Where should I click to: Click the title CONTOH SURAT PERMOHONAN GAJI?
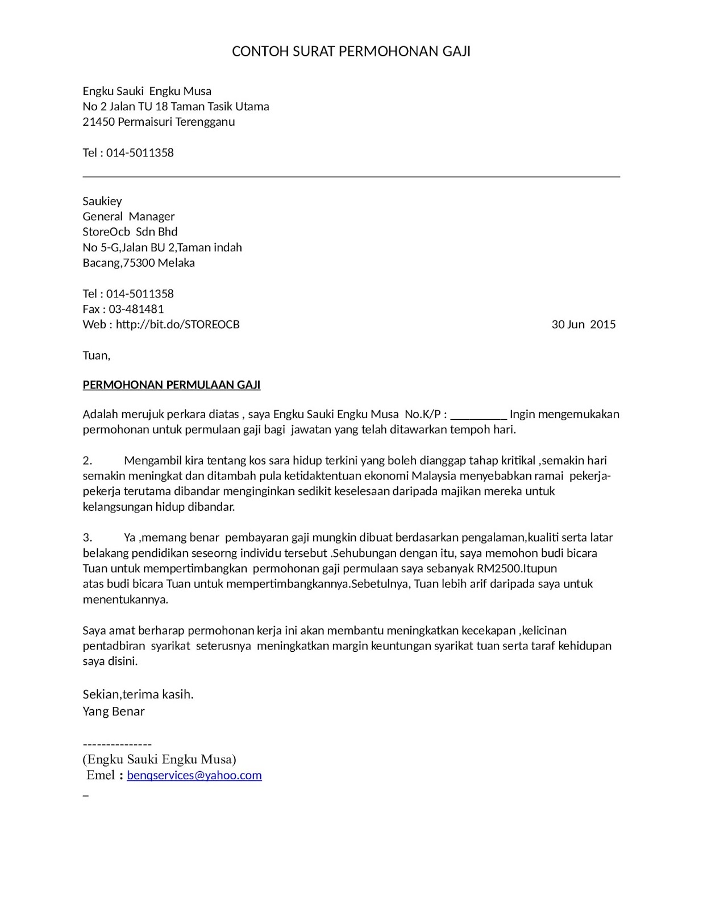click(351, 52)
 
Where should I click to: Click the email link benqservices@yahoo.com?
click(194, 775)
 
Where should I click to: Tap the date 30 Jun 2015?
click(583, 325)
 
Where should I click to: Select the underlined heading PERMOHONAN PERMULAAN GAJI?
click(172, 385)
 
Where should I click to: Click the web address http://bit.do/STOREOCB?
click(178, 325)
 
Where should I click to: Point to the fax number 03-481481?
click(140, 309)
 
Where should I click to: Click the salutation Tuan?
click(97, 355)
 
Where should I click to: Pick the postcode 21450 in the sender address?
click(99, 122)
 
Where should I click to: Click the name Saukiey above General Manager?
click(102, 201)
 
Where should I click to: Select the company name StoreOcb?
click(106, 232)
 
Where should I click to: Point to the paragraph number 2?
click(88, 460)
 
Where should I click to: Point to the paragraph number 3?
click(88, 537)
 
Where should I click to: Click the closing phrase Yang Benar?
click(114, 712)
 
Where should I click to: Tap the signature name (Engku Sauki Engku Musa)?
click(160, 759)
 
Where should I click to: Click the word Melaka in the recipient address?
click(176, 263)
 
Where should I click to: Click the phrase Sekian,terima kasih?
click(138, 694)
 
